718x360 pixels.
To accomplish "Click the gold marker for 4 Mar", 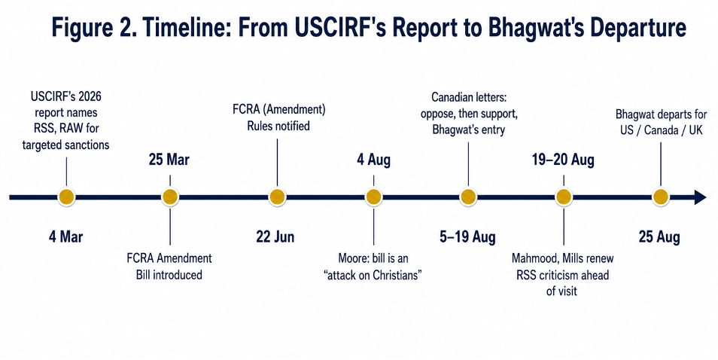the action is [x=66, y=197].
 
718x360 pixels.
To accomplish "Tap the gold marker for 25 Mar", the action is [x=170, y=197].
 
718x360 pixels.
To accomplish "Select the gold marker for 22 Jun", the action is [x=277, y=197].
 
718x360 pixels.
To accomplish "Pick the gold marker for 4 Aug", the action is [x=373, y=197].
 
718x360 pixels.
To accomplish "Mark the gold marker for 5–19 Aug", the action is [x=468, y=197].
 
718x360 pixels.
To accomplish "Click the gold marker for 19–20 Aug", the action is [x=564, y=197].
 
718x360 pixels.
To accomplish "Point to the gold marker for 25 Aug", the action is [x=660, y=197].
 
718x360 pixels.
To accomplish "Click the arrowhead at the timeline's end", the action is [x=701, y=197].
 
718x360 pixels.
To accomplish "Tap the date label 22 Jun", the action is [x=275, y=236].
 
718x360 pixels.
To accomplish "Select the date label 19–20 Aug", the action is [x=563, y=160].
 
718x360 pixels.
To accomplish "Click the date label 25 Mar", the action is [x=169, y=160].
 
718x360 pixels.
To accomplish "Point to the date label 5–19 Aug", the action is [x=467, y=236].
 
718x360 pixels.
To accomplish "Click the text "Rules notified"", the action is [x=278, y=126].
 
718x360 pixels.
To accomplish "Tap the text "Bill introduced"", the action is [x=169, y=275].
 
